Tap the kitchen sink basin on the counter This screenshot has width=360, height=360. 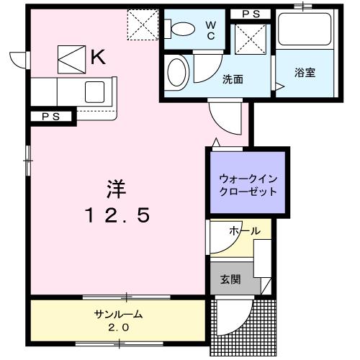click(95, 91)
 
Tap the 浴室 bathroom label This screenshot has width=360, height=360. click(302, 73)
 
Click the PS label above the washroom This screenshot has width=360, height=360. click(250, 14)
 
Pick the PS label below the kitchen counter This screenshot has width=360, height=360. click(50, 116)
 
